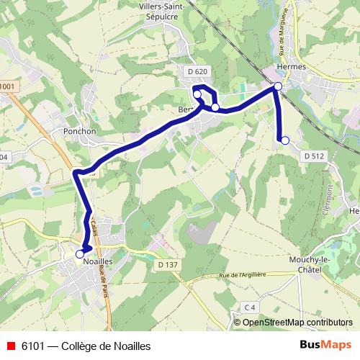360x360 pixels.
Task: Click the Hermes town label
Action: (x=292, y=66)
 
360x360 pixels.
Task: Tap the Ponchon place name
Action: (x=80, y=131)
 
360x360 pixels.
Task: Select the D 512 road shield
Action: (x=315, y=156)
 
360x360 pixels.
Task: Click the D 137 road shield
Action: (x=167, y=264)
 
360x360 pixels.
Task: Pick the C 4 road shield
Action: (x=250, y=307)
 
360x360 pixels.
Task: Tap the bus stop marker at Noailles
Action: (x=80, y=253)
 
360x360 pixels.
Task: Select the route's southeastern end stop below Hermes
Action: (x=285, y=140)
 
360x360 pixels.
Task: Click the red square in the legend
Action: (x=10, y=346)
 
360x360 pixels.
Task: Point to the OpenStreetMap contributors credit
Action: (x=297, y=323)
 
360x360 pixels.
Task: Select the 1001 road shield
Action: (x=7, y=87)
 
